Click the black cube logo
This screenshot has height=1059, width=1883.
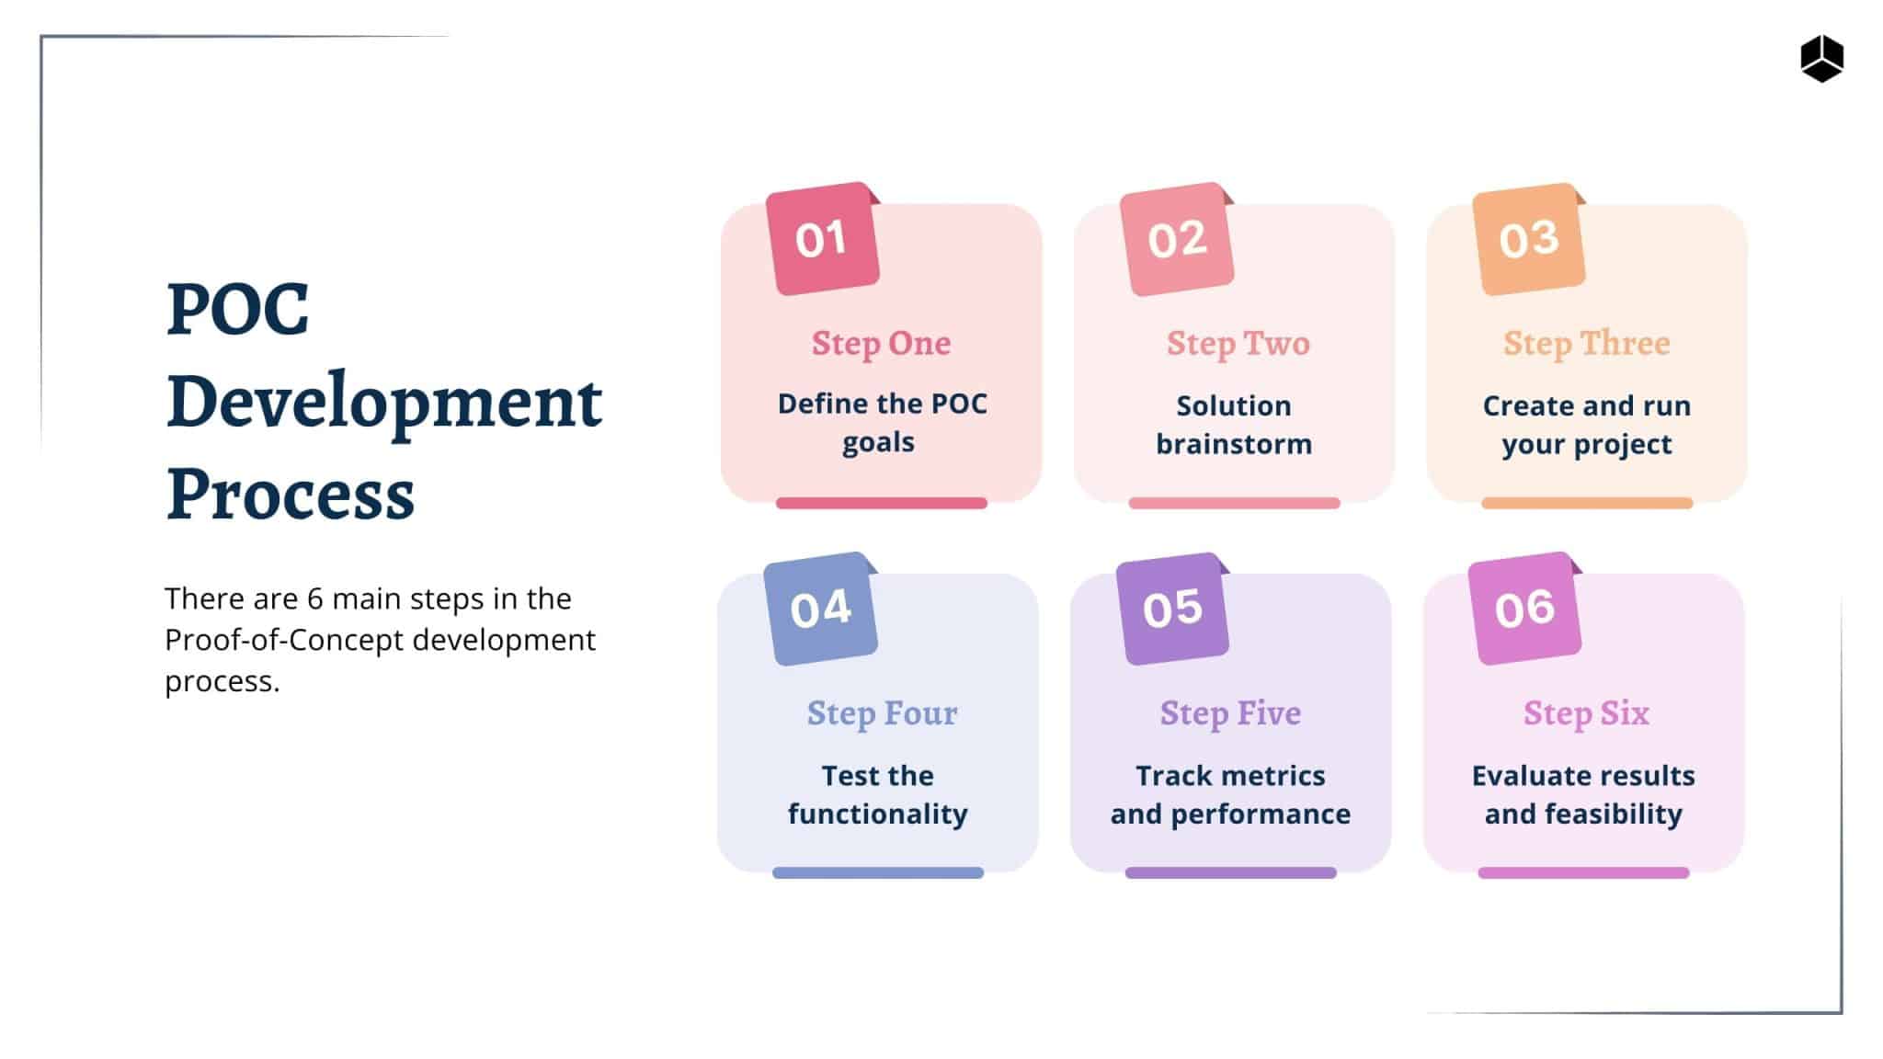[1821, 59]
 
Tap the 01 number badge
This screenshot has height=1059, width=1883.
[822, 239]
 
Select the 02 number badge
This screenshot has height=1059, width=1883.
[1176, 239]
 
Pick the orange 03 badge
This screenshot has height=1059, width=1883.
[1528, 239]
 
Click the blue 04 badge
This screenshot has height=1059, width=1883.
[820, 609]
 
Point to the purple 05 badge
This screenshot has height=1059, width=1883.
[1172, 609]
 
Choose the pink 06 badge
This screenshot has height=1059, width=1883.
[1524, 609]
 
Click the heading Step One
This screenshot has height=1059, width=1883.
[881, 344]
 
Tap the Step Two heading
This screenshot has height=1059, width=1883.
[1238, 344]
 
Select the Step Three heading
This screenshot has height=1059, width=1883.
[1586, 344]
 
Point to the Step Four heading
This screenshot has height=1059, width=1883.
[882, 713]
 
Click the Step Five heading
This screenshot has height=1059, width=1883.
[1230, 713]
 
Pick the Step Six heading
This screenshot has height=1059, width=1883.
[1586, 713]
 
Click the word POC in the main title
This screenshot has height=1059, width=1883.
[237, 310]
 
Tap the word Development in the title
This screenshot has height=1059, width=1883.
[384, 403]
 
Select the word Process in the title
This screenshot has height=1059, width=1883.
[291, 495]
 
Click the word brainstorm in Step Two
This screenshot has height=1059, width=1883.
[1234, 445]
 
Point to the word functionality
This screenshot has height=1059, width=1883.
[878, 814]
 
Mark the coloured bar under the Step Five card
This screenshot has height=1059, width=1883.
[1230, 872]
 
